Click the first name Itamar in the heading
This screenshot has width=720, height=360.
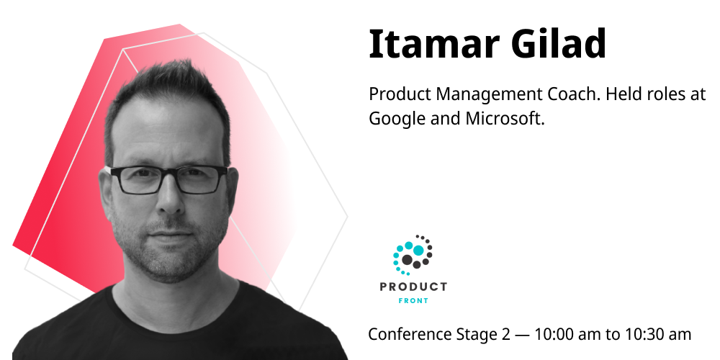[434, 44]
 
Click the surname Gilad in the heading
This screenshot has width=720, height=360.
[559, 44]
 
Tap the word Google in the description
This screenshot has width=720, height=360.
[397, 119]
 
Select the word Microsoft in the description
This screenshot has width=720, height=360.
[505, 119]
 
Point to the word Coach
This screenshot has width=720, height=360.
[574, 94]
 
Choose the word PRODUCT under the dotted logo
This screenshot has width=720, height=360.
[413, 287]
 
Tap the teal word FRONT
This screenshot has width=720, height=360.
[413, 301]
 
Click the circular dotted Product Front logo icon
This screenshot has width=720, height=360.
[413, 255]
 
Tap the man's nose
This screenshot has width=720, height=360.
[170, 197]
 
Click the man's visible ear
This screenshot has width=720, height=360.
[233, 188]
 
